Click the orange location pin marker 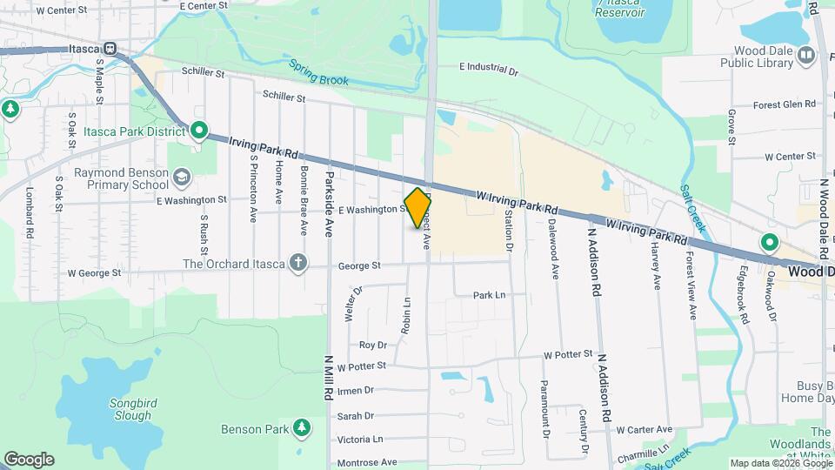tap(418, 207)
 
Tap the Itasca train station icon tap(110, 50)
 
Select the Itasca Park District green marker tap(199, 131)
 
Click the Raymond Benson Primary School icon tap(182, 178)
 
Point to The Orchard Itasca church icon tap(298, 264)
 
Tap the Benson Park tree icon tap(301, 428)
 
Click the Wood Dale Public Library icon tap(805, 56)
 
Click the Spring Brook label tap(319, 74)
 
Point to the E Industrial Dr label tap(489, 67)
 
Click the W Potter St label tap(568, 355)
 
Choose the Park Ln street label tap(489, 296)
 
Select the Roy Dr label tap(372, 346)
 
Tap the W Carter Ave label tap(644, 430)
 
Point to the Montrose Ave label tap(367, 462)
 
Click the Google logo tap(29, 460)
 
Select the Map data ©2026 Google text tap(780, 463)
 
